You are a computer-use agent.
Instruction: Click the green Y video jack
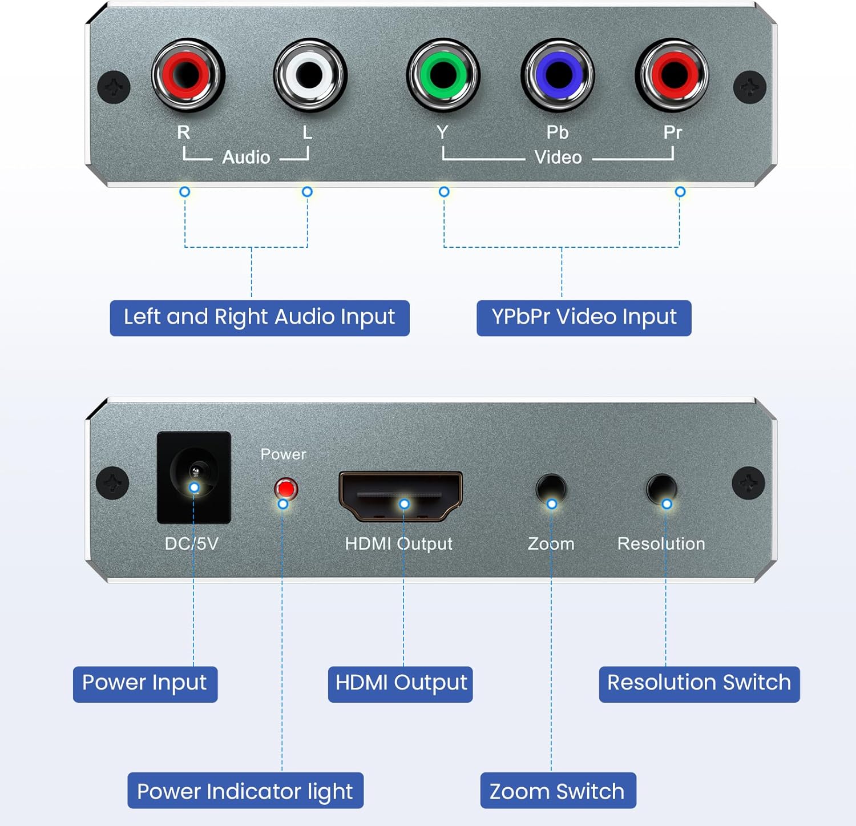point(443,74)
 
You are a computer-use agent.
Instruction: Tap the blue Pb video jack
point(558,74)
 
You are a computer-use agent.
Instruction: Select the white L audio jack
point(310,74)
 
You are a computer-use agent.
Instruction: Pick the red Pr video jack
point(672,74)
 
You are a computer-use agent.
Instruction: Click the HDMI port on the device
point(401,495)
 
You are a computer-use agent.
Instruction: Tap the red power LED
point(285,489)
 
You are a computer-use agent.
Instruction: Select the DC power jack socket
point(194,476)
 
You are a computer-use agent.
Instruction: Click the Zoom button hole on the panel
point(551,488)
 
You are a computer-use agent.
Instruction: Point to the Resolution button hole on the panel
point(662,488)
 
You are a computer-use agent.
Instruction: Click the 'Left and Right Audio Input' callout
point(260,318)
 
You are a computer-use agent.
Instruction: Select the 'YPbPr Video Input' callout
point(584,318)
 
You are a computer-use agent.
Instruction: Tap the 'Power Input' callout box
point(145,684)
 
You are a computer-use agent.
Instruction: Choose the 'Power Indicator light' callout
point(245,791)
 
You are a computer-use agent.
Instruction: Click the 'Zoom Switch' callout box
point(558,791)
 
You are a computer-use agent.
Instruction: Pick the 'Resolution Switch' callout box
point(699,684)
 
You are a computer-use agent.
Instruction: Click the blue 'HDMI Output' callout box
point(401,684)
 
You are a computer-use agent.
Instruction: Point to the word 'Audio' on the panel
point(246,157)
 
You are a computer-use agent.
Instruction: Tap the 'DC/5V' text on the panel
point(192,543)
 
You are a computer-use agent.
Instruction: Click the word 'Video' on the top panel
point(558,157)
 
